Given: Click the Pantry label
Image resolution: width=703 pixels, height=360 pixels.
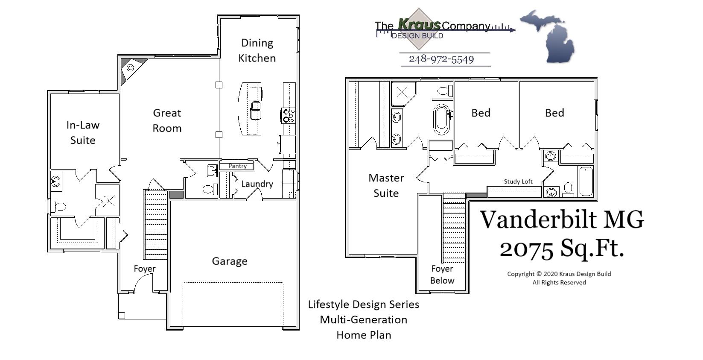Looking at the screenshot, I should tap(237, 166).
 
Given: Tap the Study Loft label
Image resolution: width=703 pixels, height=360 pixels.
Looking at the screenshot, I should tap(518, 181).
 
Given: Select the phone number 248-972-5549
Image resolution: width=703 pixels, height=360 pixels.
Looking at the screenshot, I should tap(441, 59).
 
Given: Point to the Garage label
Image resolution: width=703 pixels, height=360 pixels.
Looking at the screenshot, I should tap(230, 261).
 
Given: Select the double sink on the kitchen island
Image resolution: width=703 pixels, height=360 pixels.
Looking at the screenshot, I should tap(256, 110).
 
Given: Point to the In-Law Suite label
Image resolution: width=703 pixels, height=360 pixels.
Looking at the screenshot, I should tap(83, 132).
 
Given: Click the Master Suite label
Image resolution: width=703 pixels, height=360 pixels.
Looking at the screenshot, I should tap(386, 185).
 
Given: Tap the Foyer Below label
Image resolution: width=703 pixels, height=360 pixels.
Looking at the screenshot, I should tap(442, 275).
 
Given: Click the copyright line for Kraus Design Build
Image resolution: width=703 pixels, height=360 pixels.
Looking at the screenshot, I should tap(559, 274).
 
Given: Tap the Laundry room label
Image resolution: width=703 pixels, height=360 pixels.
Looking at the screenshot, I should tap(257, 184).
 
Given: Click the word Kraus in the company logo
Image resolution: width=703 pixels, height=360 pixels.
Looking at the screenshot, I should tap(419, 24).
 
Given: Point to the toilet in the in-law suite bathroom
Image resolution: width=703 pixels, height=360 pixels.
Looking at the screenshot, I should tap(59, 207).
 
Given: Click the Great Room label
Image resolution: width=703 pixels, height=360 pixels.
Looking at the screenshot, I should tap(167, 120).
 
